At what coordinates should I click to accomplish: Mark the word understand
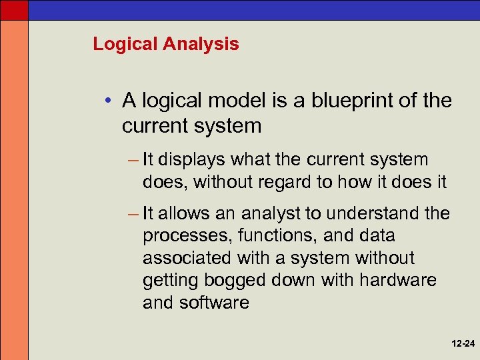click(x=364, y=213)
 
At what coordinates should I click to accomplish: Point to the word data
click(x=376, y=235)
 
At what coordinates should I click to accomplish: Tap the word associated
click(x=185, y=258)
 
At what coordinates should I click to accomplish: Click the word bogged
click(x=241, y=281)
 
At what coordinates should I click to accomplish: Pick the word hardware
click(x=398, y=280)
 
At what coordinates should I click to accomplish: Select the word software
click(x=214, y=303)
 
